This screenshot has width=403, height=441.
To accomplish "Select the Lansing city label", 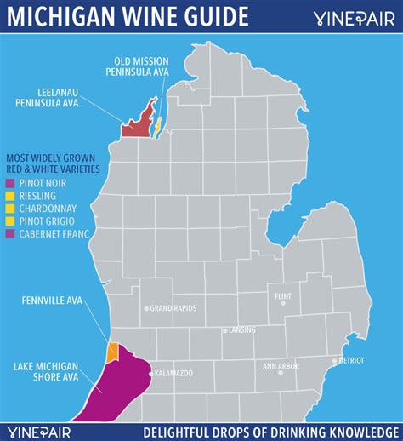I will pyautogui.click(x=239, y=330).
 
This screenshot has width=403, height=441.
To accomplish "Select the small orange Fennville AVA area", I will pyautogui.click(x=111, y=351).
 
